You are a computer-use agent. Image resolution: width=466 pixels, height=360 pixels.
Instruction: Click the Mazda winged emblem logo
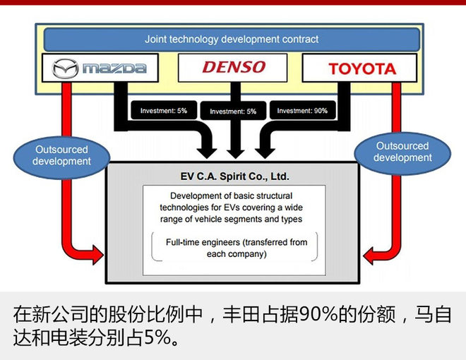click(65, 68)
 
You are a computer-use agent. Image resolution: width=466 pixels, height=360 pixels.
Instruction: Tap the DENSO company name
click(233, 68)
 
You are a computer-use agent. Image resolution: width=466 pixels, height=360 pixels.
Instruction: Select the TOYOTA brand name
click(362, 68)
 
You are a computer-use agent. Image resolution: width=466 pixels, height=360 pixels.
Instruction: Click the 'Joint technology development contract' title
click(232, 40)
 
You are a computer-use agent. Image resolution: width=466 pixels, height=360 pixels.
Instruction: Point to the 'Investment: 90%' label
click(302, 111)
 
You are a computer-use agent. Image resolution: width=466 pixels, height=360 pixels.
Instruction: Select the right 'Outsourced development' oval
click(402, 152)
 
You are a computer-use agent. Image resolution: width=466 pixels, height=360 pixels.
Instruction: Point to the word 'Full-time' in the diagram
click(186, 243)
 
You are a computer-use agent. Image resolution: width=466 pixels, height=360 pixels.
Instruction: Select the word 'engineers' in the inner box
click(230, 243)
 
